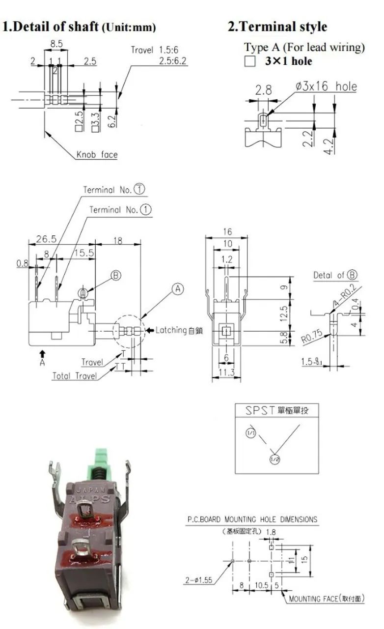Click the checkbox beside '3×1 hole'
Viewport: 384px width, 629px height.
coord(250,62)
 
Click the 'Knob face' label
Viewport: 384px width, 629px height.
coord(97,155)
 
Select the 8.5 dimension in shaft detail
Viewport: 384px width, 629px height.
coord(56,44)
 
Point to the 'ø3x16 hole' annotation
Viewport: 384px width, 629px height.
coord(326,87)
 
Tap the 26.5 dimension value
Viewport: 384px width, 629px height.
coord(46,239)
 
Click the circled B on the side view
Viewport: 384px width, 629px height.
coord(115,276)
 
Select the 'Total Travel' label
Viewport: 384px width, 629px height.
coord(75,376)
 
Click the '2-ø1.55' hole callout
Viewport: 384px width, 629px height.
coord(198,580)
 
